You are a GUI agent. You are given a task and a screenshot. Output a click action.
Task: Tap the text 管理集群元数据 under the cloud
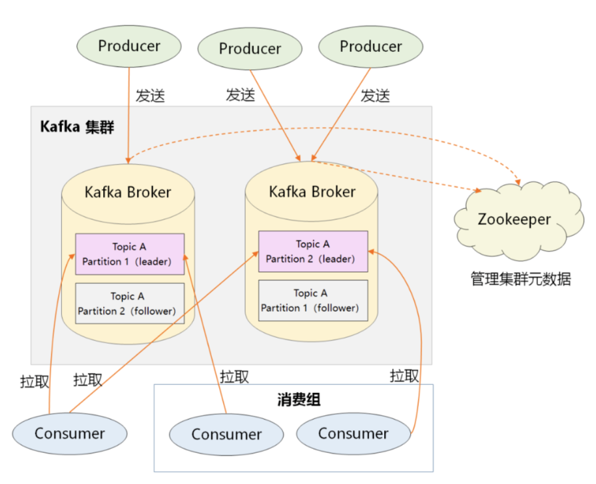click(x=521, y=279)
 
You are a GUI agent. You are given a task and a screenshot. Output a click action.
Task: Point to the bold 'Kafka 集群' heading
click(x=77, y=126)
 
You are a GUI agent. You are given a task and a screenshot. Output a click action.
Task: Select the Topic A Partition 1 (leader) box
click(x=129, y=254)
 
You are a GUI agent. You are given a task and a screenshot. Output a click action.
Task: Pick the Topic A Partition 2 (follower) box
click(x=129, y=304)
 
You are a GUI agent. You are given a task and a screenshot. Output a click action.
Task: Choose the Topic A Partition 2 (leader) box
click(x=313, y=251)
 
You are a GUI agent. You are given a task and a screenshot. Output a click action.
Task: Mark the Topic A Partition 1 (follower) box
click(x=313, y=301)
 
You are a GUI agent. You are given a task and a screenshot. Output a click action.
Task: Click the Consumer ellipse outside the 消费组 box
click(x=69, y=434)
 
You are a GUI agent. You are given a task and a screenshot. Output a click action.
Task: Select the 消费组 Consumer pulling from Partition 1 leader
click(x=226, y=435)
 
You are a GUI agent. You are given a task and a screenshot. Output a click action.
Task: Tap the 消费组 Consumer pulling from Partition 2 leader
click(x=353, y=433)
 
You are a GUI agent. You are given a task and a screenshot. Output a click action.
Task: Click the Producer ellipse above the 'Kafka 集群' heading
click(x=129, y=47)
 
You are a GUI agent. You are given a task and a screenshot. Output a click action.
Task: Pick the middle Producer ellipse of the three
click(x=250, y=49)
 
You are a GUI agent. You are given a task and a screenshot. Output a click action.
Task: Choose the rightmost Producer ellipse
click(x=371, y=47)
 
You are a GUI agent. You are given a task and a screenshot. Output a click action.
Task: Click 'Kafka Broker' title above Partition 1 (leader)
click(x=128, y=192)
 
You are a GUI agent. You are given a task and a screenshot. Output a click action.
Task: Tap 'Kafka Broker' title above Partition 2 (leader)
click(x=312, y=191)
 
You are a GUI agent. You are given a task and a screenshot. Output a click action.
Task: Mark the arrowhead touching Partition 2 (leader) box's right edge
click(x=372, y=252)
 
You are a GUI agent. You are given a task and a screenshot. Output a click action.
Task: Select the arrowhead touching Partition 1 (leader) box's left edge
click(x=72, y=255)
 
